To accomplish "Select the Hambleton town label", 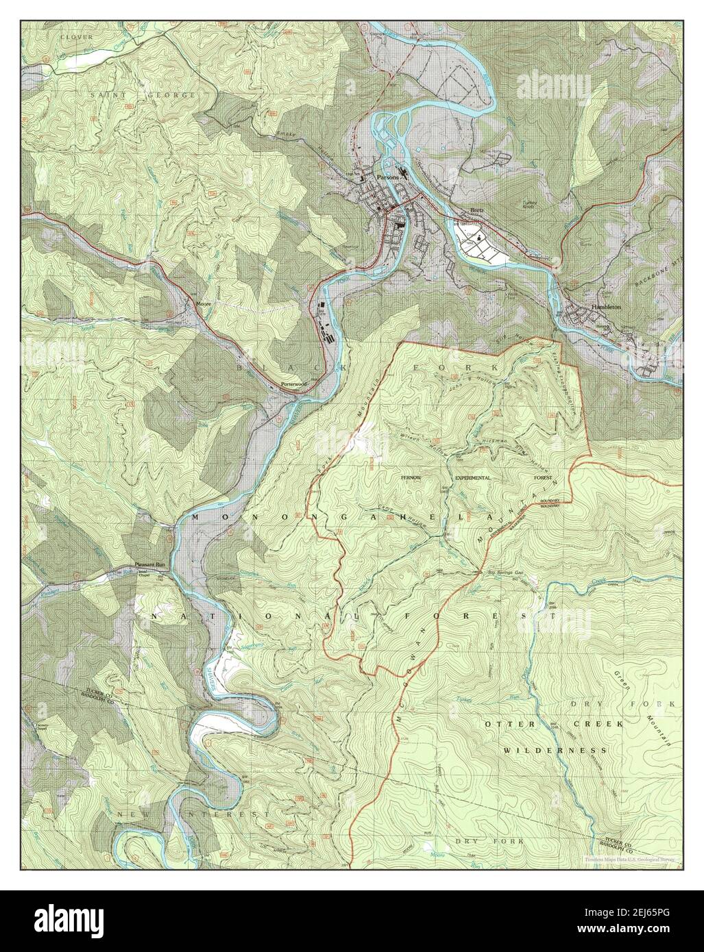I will [x=607, y=308].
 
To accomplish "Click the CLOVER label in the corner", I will [x=76, y=36].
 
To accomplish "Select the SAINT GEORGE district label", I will [x=143, y=93].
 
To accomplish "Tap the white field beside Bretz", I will [x=487, y=247].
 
